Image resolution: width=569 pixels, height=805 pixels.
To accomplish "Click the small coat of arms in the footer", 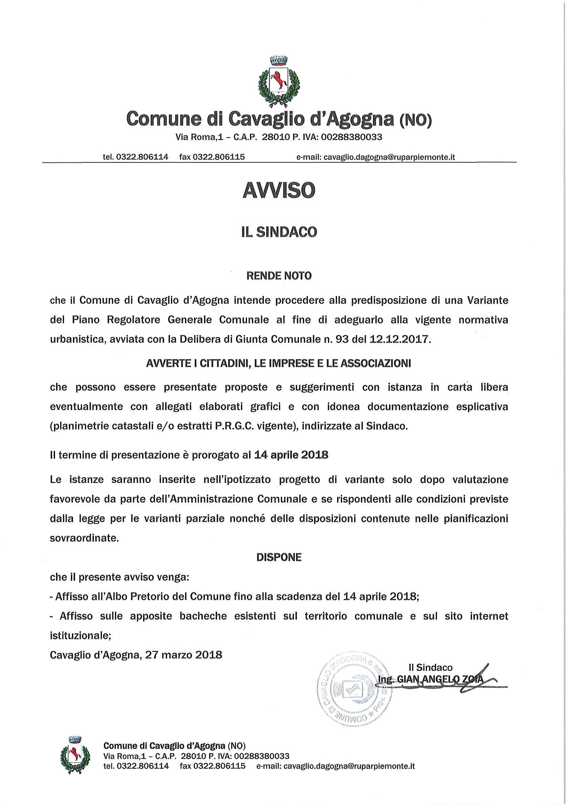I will tap(75, 754).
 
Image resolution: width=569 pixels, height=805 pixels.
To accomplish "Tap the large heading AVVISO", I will tap(279, 191).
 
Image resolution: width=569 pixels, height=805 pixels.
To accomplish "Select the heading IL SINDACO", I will tap(279, 232).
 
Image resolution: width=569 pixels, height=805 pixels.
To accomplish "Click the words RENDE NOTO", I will tap(279, 276).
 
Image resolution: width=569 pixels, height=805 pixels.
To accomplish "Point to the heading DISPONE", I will tap(279, 557).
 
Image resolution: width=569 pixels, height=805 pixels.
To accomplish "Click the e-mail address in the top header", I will tap(376, 157).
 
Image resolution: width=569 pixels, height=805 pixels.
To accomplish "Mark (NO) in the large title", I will tap(416, 120).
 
